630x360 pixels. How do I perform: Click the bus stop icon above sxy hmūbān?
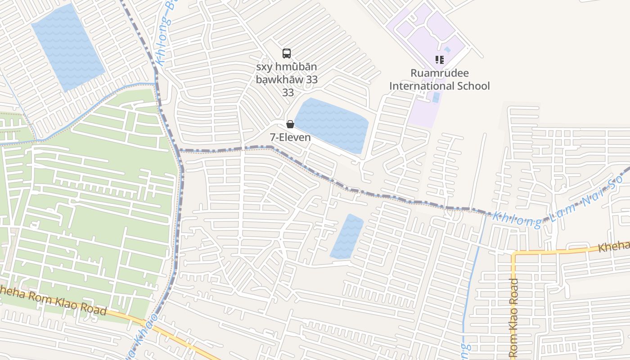click(x=287, y=54)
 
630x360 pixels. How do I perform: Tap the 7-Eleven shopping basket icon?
click(x=290, y=124)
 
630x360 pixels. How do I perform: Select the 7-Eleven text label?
click(x=290, y=137)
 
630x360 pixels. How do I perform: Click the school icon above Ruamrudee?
click(x=439, y=59)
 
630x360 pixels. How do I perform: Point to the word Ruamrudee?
click(x=439, y=73)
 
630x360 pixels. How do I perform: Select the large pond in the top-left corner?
click(x=67, y=47)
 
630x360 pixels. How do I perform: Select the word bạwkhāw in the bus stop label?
click(x=280, y=80)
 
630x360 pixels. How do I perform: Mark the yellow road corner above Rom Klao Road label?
click(x=514, y=254)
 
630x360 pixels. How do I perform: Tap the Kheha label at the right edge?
click(x=614, y=246)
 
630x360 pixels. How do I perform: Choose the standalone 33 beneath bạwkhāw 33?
click(x=288, y=92)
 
